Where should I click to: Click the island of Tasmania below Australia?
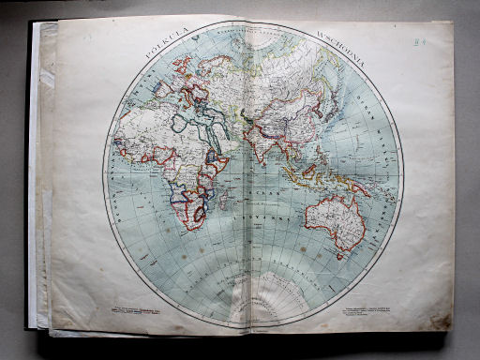[340, 254]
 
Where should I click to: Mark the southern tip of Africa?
[191, 225]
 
